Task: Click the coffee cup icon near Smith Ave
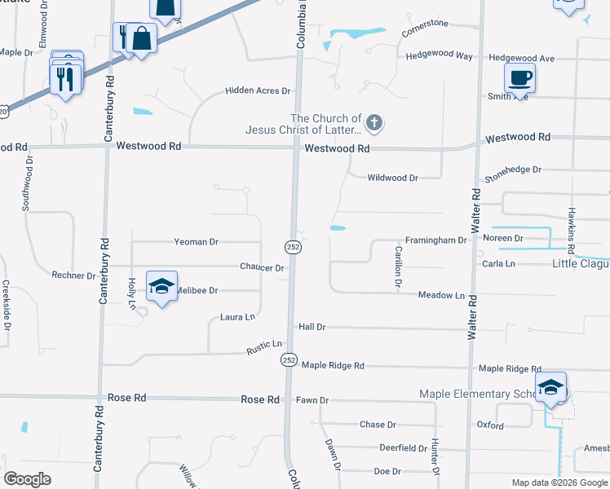coord(519,78)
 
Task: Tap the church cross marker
coord(374,124)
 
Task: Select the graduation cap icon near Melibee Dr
coord(161,287)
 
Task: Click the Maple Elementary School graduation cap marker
coord(550,387)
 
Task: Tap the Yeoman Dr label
coord(197,242)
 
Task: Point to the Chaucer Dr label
coord(262,267)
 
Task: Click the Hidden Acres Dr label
coord(259,91)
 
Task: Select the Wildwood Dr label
coord(392,178)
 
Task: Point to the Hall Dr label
coord(312,327)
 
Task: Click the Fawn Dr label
coord(312,400)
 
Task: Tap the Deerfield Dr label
coord(403,448)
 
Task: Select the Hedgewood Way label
coord(439,56)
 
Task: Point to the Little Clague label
coord(580,263)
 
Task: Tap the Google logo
coord(27,479)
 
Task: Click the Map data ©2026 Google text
coord(559,482)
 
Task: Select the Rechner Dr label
coord(73,275)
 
